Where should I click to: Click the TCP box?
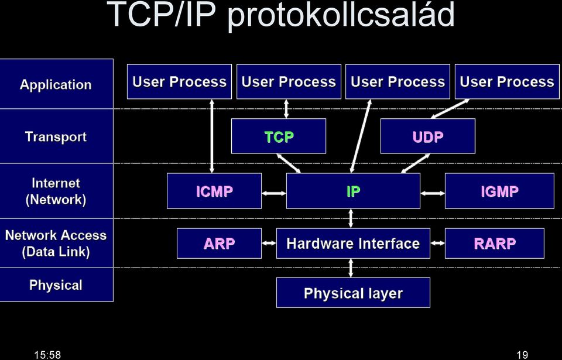[x=279, y=136]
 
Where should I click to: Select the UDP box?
[x=427, y=136]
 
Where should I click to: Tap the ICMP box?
[x=214, y=191]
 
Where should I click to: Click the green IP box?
[x=353, y=191]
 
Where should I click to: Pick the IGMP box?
[x=499, y=191]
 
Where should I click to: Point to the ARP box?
[x=220, y=244]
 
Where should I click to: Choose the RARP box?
[x=495, y=244]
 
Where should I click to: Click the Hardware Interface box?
[x=353, y=244]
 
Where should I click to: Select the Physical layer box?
[x=353, y=293]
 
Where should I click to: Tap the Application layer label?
[x=56, y=85]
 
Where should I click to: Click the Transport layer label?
[x=56, y=136]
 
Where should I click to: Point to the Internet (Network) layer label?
[x=56, y=191]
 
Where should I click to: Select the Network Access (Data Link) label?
[x=56, y=243]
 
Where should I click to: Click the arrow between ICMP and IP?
[x=274, y=193]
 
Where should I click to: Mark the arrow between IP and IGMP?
[x=433, y=193]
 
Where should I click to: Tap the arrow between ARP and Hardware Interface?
[x=269, y=243]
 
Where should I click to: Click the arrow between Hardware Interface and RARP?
[x=438, y=243]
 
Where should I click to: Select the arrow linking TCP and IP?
[x=289, y=163]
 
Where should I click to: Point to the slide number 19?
[x=523, y=355]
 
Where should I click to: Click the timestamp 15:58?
[x=47, y=355]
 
